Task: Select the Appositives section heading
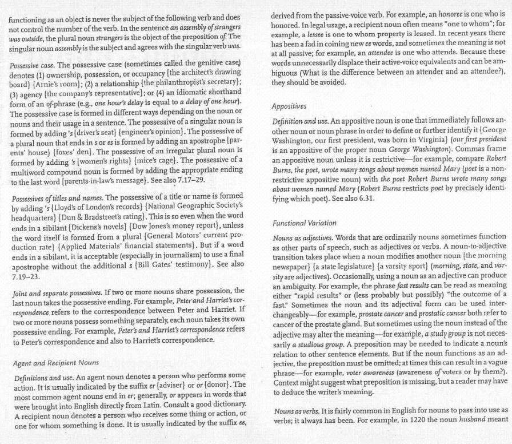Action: [290, 106]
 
